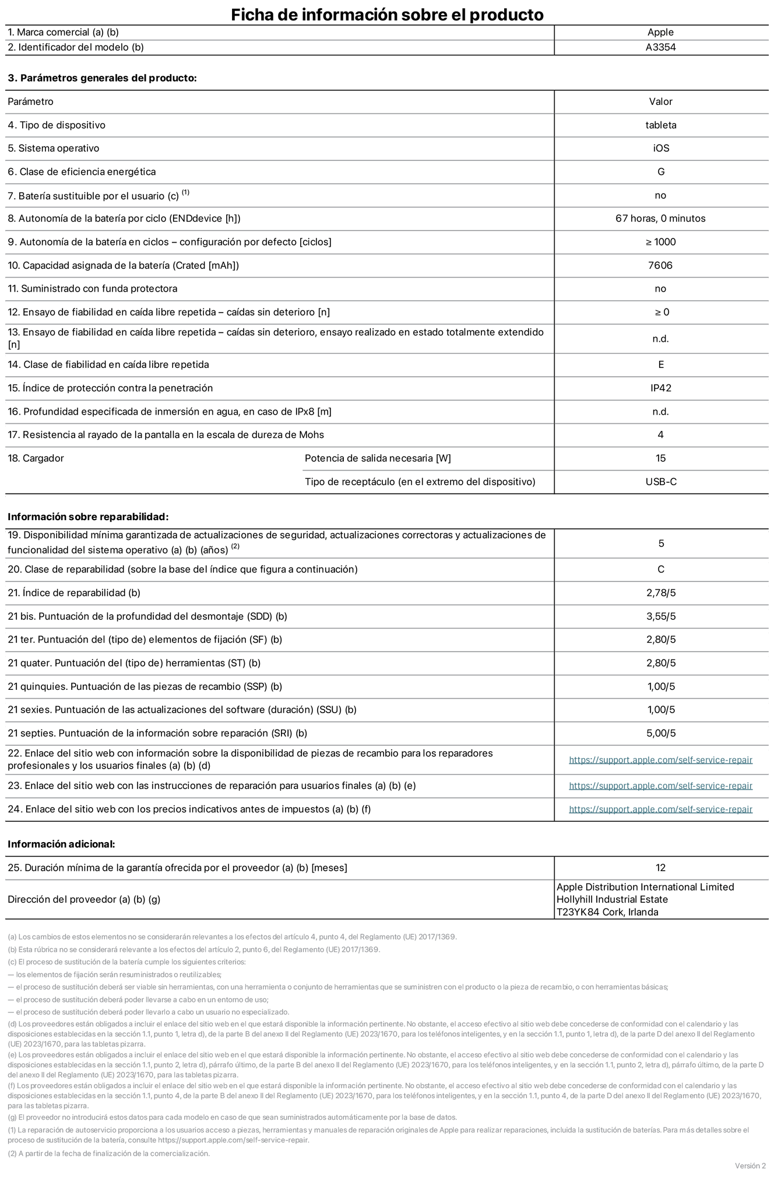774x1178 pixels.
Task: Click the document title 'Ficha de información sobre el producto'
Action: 387,15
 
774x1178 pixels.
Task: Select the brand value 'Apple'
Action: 660,33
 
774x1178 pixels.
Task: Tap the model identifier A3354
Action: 660,48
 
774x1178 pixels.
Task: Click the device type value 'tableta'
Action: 660,125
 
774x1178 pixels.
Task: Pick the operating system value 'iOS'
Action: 661,149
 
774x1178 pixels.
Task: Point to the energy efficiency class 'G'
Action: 661,172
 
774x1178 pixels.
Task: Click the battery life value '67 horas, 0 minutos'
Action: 660,219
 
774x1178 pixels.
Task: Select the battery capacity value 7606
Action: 660,266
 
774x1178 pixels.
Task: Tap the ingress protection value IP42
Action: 661,388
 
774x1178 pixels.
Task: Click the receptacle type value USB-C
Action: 661,482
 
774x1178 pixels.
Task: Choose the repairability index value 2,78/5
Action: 661,593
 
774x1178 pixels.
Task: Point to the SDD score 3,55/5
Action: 661,616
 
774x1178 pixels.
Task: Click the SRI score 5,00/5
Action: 661,734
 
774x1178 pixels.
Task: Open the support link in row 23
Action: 660,786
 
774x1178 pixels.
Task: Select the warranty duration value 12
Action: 660,868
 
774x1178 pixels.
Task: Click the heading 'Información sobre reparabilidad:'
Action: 88,517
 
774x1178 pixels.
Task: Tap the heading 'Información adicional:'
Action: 61,844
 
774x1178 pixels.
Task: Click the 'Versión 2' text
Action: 750,1166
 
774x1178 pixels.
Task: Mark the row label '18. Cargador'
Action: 36,458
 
